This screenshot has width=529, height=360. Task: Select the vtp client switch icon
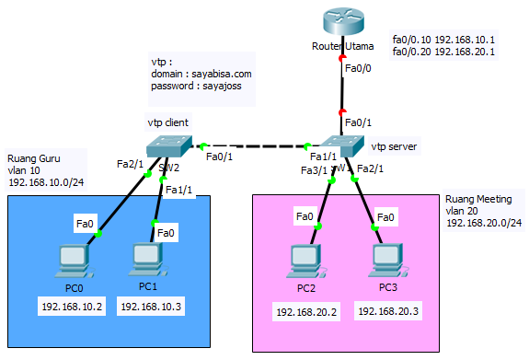167,145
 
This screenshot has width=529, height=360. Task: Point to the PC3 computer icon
387,261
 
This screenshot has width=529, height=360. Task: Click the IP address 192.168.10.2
74,306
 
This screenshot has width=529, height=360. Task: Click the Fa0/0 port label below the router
358,68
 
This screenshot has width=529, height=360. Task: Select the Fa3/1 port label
314,169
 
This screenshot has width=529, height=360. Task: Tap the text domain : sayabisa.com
201,73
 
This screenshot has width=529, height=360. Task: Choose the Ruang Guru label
34,158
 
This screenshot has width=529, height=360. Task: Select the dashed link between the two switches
258,145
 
